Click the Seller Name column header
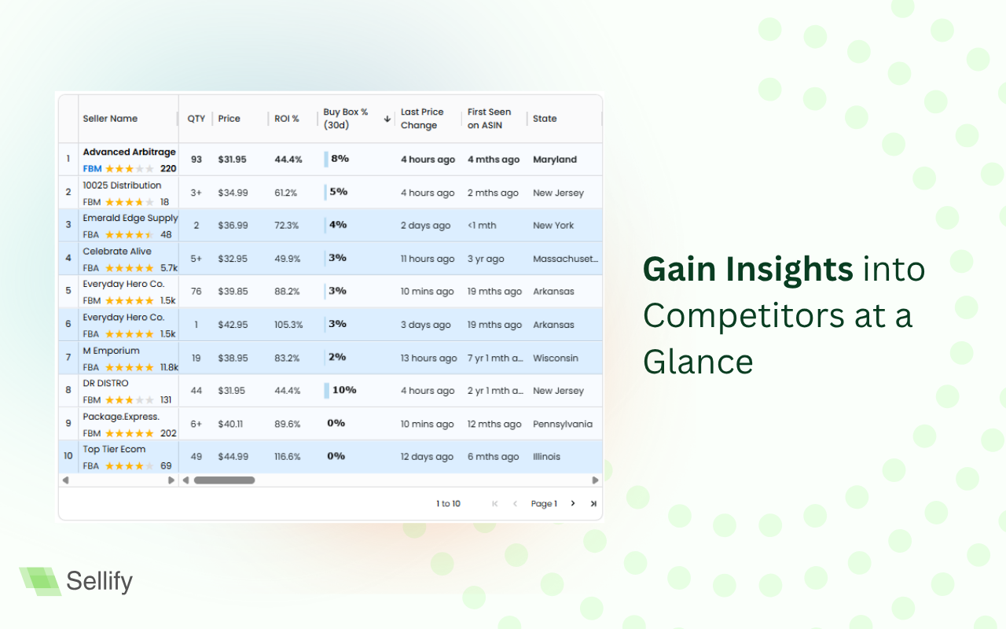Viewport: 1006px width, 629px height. [x=110, y=119]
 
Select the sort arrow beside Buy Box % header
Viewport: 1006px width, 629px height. [x=387, y=119]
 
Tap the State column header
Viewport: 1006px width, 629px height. [x=545, y=119]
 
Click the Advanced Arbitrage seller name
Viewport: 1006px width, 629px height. [x=130, y=152]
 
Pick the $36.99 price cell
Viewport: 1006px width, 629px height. [x=233, y=226]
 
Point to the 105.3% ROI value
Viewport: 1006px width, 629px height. [x=288, y=325]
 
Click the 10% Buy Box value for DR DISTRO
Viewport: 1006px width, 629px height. [x=344, y=390]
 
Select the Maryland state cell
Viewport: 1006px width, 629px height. [x=555, y=160]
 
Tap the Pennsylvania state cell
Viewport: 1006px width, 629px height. [x=563, y=424]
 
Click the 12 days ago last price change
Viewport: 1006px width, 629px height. [x=427, y=457]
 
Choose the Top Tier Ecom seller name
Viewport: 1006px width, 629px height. [x=114, y=449]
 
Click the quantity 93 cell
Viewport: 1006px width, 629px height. [x=196, y=160]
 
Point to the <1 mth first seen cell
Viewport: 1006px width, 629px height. [x=482, y=226]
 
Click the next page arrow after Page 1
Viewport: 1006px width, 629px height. [x=573, y=503]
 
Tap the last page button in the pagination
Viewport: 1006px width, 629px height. [x=593, y=504]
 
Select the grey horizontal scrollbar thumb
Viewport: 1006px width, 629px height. [x=224, y=480]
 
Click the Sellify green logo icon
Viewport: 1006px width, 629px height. [x=40, y=581]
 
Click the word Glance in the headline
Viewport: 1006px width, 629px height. [x=698, y=362]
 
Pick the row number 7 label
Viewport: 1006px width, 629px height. [x=68, y=358]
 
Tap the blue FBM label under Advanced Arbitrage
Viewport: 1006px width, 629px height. [x=92, y=169]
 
